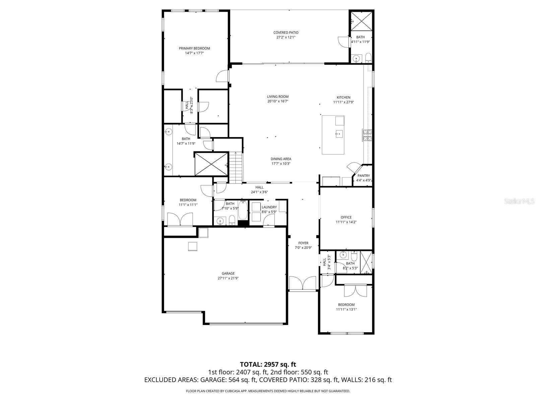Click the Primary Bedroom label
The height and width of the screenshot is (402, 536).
[194, 48]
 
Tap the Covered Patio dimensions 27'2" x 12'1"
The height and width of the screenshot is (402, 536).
[286, 38]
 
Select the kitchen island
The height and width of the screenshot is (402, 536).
[333, 135]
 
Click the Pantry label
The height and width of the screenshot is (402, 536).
[363, 176]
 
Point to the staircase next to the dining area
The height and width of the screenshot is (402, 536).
[236, 167]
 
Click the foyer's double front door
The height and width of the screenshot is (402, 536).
[303, 283]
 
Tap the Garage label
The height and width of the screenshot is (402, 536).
[228, 273]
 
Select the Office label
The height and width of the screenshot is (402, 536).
[346, 217]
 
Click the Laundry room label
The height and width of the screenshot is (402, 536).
[269, 207]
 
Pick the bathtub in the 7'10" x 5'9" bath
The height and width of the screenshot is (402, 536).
[243, 210]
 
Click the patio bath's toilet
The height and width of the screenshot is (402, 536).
[368, 58]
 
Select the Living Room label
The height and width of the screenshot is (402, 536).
[278, 96]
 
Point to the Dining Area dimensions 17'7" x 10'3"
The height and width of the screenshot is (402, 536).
[281, 164]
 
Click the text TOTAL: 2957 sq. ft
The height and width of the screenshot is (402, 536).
[268, 364]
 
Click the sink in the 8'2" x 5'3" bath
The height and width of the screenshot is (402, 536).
[343, 255]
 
